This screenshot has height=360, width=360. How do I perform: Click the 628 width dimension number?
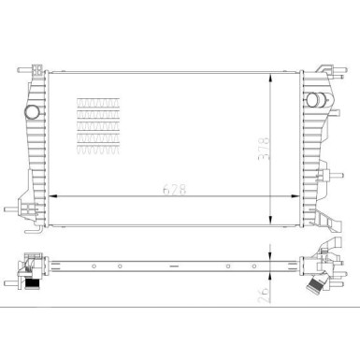tap(178, 187)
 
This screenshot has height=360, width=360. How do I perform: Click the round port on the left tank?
tap(34, 112)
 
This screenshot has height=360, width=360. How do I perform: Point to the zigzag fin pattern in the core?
tap(98, 122)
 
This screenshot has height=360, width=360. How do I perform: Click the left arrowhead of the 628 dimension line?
tap(50, 196)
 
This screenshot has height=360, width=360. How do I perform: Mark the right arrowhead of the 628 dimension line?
tap(300, 196)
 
